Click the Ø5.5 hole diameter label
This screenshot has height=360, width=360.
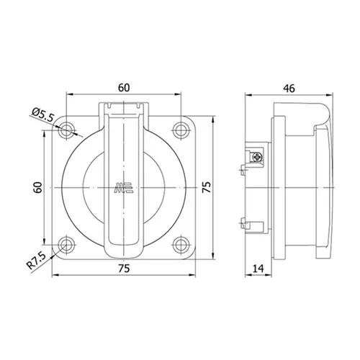coord(43,115)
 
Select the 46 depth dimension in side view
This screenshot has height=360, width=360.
coord(289,89)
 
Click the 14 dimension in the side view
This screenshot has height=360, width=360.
coord(258,269)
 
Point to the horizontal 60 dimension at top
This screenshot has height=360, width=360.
coord(124,88)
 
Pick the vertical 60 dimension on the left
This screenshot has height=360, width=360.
coord(37,187)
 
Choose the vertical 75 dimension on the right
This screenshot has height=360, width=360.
coord(207,187)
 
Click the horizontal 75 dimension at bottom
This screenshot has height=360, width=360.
coord(124,269)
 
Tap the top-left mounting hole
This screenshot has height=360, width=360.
coord(66,130)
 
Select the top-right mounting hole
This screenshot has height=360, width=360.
coord(181,130)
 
